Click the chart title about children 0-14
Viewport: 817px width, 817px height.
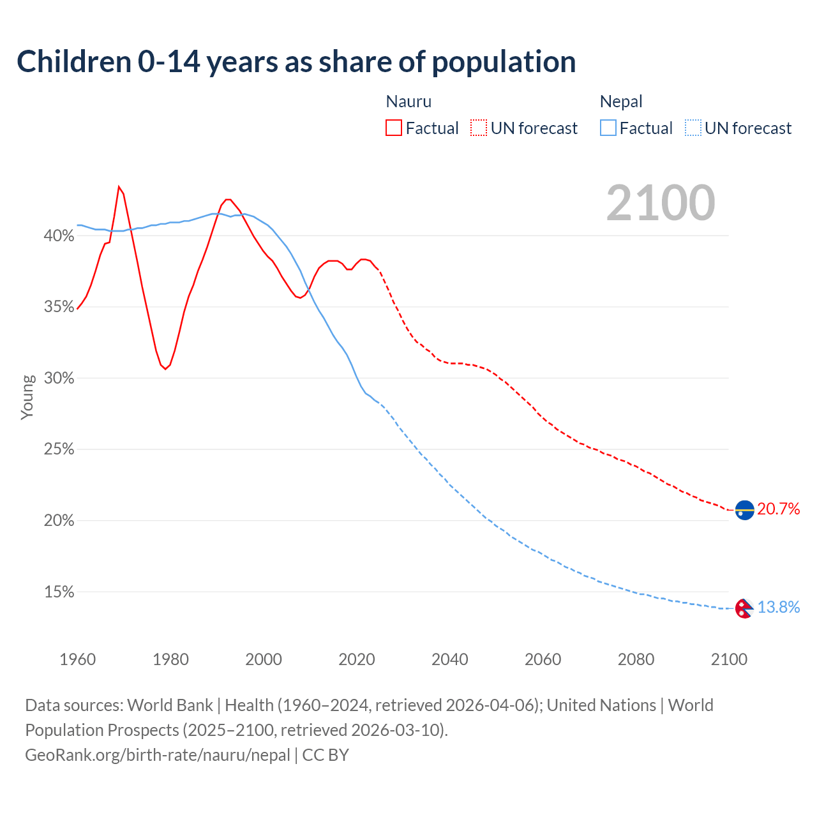tap(296, 62)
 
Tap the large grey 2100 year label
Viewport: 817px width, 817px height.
tap(660, 203)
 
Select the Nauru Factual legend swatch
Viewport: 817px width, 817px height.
tap(394, 128)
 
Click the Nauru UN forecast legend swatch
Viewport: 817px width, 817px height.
tap(479, 128)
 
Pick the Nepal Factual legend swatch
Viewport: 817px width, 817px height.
tap(608, 128)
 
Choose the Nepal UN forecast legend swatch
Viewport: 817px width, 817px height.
tap(693, 128)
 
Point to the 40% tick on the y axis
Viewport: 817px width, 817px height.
tap(59, 236)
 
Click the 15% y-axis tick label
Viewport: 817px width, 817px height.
tap(59, 592)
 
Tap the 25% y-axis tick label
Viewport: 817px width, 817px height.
tap(59, 450)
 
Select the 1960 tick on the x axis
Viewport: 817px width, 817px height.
tap(77, 659)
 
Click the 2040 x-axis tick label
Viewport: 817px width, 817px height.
tap(449, 659)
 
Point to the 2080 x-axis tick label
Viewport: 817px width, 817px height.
tap(636, 659)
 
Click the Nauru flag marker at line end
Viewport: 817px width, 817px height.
tap(744, 510)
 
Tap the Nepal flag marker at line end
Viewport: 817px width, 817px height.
tap(744, 608)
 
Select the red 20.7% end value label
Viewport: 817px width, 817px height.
tap(779, 509)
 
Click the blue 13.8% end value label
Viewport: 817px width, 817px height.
tap(779, 607)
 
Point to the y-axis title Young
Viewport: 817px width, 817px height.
tap(27, 397)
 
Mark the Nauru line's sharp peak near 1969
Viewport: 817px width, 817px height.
tap(119, 187)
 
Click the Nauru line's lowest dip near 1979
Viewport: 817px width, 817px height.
tap(165, 369)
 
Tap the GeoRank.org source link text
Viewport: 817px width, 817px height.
tap(158, 755)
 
